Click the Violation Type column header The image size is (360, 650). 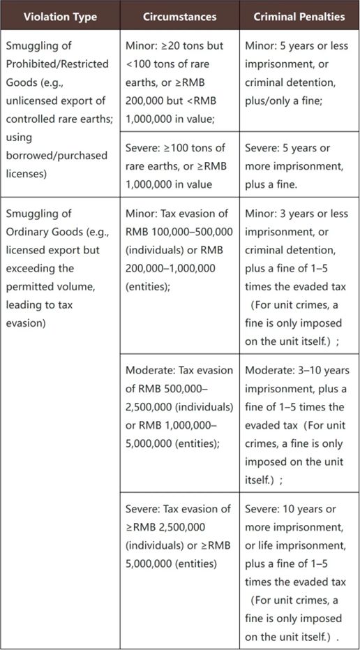click(59, 16)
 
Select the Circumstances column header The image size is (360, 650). click(179, 16)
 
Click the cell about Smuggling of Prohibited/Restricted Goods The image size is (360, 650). click(59, 109)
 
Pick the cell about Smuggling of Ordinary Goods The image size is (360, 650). click(59, 268)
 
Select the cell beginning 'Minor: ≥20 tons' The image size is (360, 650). click(179, 82)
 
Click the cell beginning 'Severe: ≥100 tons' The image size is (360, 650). click(179, 166)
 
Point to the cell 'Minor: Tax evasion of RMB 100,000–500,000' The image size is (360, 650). click(179, 249)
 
